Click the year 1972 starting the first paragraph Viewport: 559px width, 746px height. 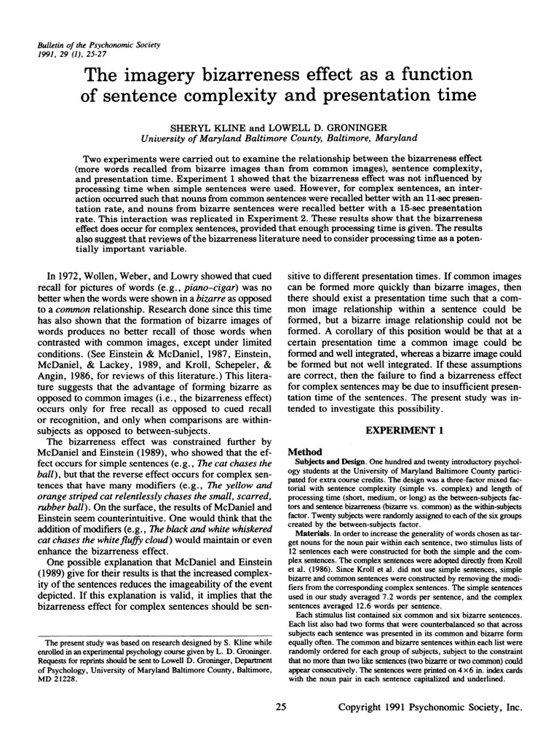[66, 278]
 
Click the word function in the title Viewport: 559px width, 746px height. [438, 75]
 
